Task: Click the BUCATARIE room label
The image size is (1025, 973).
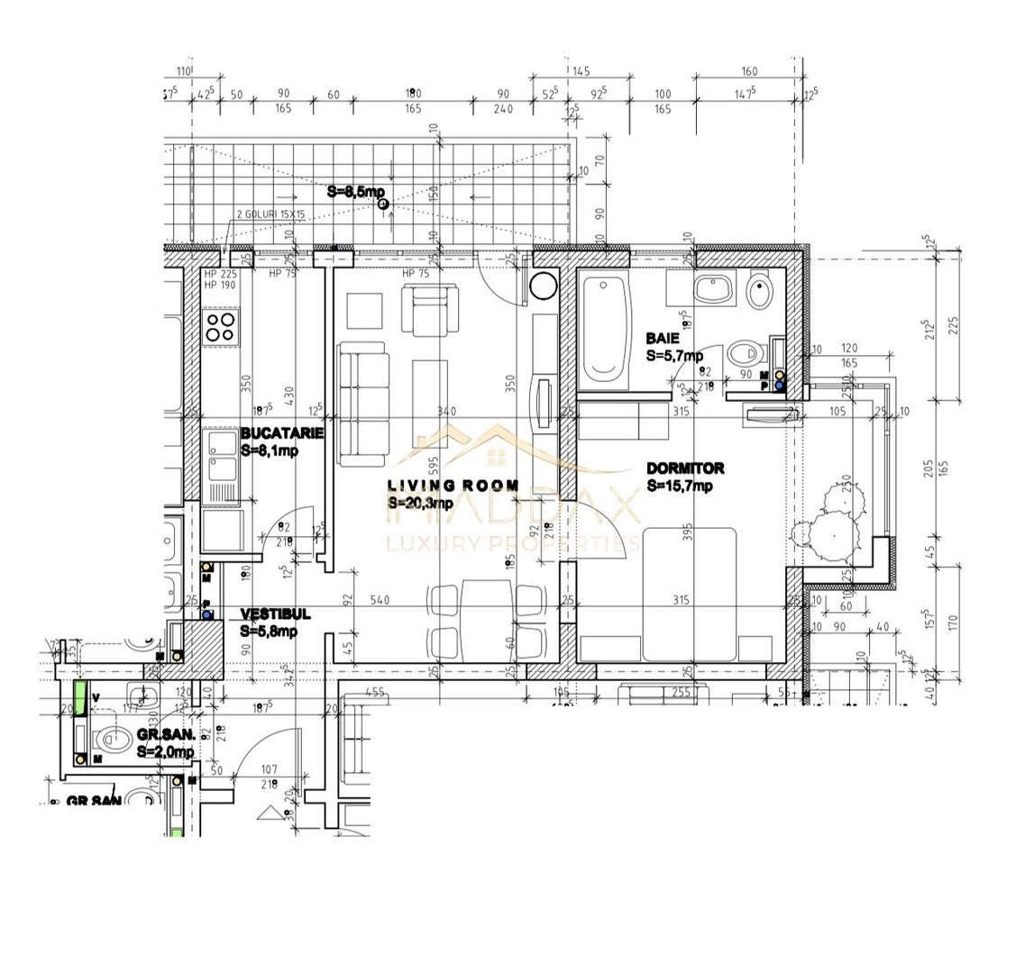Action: click(x=281, y=433)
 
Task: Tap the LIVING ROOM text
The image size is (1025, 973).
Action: click(x=453, y=486)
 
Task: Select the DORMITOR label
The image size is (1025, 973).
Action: click(x=685, y=468)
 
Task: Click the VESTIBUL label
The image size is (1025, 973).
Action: click(x=275, y=614)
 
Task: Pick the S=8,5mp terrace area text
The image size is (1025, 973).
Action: click(x=355, y=192)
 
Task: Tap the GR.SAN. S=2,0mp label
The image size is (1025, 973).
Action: click(x=165, y=744)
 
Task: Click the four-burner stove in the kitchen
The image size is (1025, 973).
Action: click(x=220, y=327)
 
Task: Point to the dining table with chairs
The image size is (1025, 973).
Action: click(x=487, y=619)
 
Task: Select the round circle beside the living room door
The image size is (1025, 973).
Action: click(x=545, y=286)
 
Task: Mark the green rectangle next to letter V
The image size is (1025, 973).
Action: click(x=80, y=697)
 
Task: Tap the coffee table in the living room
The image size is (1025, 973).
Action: click(x=430, y=387)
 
